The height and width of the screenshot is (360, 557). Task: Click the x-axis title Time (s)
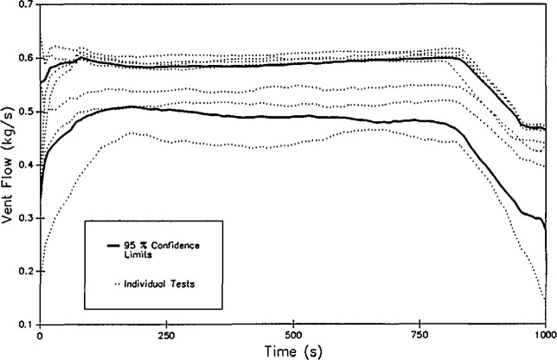click(x=292, y=350)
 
